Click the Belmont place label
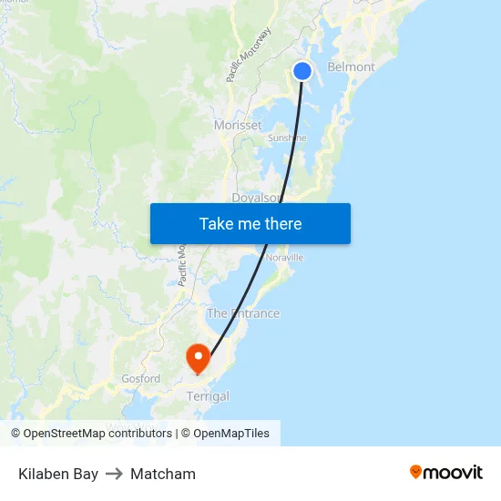[x=351, y=66]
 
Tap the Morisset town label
[x=238, y=125]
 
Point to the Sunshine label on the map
[x=286, y=138]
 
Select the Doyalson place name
[x=258, y=197]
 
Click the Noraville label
[x=284, y=258]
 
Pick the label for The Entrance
[x=243, y=313]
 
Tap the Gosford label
[x=141, y=378]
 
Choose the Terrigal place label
[x=208, y=396]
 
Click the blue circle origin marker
[x=302, y=71]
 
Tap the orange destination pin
[x=198, y=356]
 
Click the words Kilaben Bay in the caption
[x=58, y=474]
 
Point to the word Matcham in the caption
[x=163, y=474]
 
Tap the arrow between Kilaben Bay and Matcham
[x=114, y=474]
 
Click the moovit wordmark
[x=454, y=472]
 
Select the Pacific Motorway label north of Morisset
[x=249, y=56]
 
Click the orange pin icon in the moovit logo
[x=416, y=472]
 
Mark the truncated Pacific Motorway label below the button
[x=182, y=265]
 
